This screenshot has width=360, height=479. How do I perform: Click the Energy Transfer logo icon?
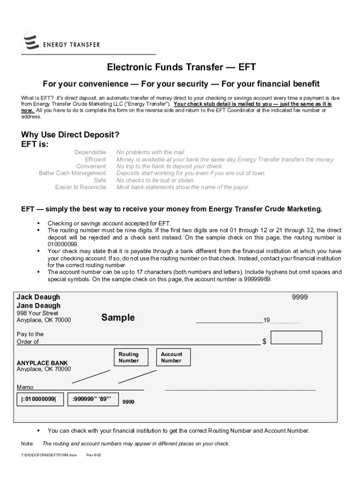click(x=31, y=42)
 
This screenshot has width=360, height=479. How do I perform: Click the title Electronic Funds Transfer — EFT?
click(x=181, y=67)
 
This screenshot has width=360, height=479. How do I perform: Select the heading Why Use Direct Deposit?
click(x=70, y=135)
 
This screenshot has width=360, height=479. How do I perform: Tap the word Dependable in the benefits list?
click(x=90, y=152)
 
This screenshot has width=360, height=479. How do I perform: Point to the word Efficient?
click(x=95, y=160)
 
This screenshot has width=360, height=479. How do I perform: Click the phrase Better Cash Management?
click(x=72, y=174)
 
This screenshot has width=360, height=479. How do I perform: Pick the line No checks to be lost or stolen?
click(x=155, y=181)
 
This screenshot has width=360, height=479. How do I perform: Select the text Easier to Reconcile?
click(x=80, y=188)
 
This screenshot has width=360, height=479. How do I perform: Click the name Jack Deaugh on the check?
click(x=38, y=297)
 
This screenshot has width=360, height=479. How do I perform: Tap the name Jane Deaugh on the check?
click(x=38, y=306)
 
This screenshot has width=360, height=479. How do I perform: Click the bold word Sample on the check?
click(x=118, y=318)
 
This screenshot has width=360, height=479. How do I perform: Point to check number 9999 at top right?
click(x=300, y=297)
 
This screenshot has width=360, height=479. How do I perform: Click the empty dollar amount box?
click(x=296, y=338)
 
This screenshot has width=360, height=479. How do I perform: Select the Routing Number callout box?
click(x=129, y=357)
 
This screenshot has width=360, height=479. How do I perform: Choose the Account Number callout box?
click(x=171, y=357)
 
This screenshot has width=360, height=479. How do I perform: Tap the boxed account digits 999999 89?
click(x=92, y=399)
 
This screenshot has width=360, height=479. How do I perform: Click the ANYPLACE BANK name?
click(x=42, y=363)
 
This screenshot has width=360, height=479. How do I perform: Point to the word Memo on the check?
click(x=25, y=387)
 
